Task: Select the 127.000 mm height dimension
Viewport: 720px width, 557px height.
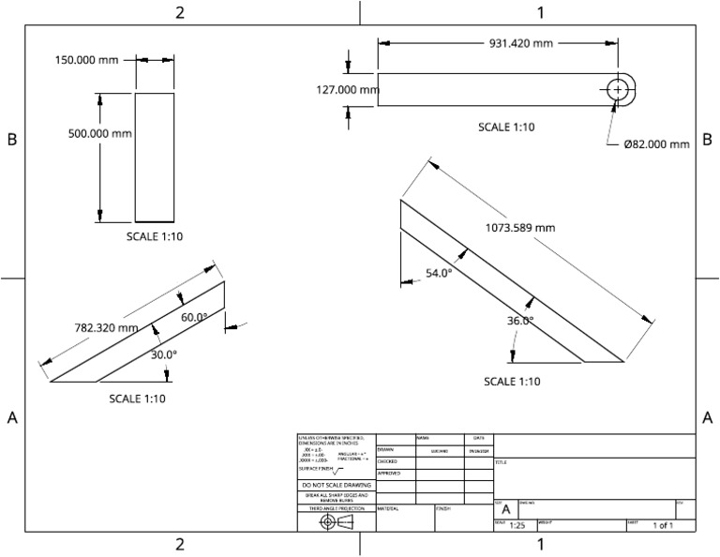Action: pyautogui.click(x=346, y=90)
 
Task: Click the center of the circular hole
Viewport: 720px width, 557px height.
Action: pyautogui.click(x=618, y=89)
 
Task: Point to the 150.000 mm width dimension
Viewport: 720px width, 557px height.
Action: pyautogui.click(x=86, y=60)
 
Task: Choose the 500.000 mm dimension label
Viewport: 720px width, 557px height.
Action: pyautogui.click(x=99, y=134)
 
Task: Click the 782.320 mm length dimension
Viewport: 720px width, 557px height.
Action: pyautogui.click(x=106, y=328)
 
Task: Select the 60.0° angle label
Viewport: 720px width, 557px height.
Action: pyautogui.click(x=194, y=318)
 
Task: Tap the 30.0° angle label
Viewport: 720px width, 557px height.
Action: pyautogui.click(x=164, y=354)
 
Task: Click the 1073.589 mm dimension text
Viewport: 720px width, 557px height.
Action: pyautogui.click(x=520, y=228)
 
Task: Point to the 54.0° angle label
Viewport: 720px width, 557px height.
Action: pyautogui.click(x=439, y=273)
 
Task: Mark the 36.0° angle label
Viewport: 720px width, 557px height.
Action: pyautogui.click(x=520, y=321)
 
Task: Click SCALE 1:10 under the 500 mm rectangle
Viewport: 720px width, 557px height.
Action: pyautogui.click(x=155, y=237)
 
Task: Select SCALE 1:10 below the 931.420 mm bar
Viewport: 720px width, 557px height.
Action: pyautogui.click(x=506, y=128)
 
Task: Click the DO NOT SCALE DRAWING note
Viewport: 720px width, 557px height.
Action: pyautogui.click(x=336, y=485)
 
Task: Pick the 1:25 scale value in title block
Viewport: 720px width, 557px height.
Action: pyautogui.click(x=517, y=526)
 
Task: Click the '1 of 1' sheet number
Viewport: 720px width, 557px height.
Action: pyautogui.click(x=663, y=526)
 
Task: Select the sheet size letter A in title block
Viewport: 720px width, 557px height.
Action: pyautogui.click(x=505, y=509)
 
